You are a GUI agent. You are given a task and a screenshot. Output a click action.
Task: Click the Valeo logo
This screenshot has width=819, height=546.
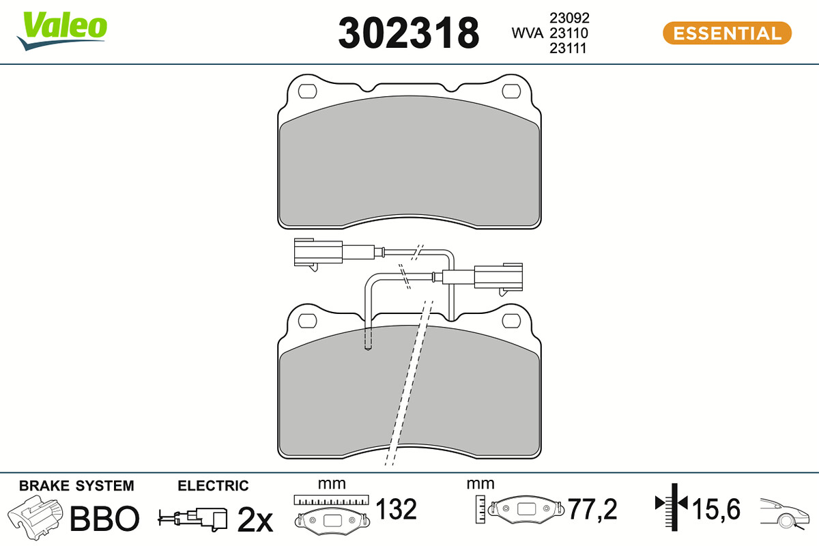pos(62,31)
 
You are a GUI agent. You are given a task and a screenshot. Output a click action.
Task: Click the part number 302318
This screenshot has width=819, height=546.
pos(408,33)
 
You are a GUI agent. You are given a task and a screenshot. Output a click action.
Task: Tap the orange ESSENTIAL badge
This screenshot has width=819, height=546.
pos(728,33)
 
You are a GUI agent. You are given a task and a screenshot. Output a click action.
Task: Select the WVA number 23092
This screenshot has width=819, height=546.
pos(570,18)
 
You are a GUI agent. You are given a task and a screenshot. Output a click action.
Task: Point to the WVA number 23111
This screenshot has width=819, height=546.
pos(568,48)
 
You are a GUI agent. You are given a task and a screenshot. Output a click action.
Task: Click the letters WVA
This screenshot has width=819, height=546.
pos(527,33)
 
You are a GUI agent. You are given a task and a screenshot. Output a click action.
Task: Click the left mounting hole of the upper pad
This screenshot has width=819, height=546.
pos(308,91)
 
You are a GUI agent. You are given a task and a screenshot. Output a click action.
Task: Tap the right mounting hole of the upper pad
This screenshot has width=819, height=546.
pos(511,91)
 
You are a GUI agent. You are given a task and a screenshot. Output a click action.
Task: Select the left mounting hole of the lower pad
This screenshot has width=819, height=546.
pos(308,321)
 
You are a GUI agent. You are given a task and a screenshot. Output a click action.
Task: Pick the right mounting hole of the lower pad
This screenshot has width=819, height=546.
pos(511,321)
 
